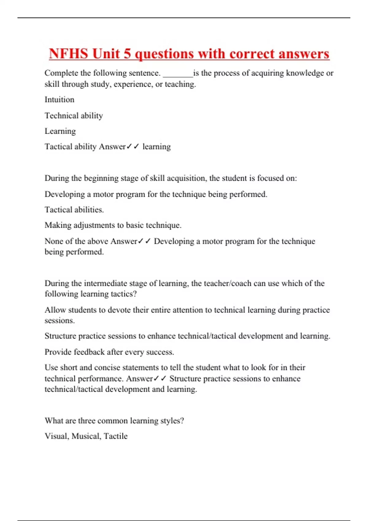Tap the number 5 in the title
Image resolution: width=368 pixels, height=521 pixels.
coord(127,54)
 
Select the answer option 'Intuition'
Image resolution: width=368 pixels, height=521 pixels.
coord(59,100)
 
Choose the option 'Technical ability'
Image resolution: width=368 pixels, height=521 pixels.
coord(74,116)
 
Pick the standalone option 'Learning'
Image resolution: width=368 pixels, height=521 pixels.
coord(60,131)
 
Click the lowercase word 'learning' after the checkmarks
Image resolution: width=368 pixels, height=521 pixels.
coord(156,147)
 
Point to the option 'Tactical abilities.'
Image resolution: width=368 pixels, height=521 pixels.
coord(74,210)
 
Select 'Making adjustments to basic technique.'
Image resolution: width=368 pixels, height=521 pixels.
coord(113,225)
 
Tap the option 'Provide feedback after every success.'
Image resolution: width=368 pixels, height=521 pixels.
coord(109,352)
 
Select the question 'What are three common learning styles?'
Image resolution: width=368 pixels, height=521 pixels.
coord(114,420)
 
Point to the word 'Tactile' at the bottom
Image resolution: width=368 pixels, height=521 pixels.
coord(116,436)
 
